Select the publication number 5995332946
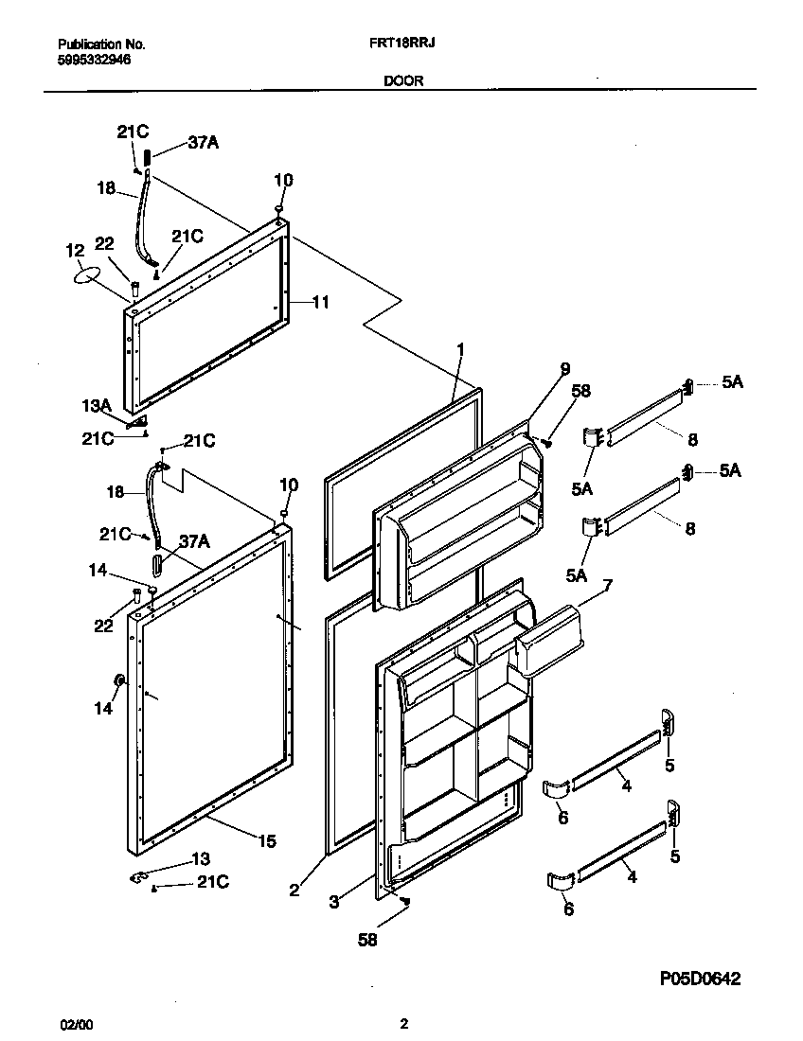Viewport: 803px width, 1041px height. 94,59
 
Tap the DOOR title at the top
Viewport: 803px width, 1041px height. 403,81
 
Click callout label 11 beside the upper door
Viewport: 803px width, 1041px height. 321,303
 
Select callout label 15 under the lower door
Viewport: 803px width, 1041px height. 268,840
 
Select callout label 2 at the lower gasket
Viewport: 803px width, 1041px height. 294,889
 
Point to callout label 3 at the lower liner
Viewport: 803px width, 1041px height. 333,902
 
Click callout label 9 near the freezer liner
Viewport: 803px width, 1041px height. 564,368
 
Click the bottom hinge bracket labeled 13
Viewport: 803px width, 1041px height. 140,878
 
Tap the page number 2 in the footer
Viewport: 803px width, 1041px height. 403,1023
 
